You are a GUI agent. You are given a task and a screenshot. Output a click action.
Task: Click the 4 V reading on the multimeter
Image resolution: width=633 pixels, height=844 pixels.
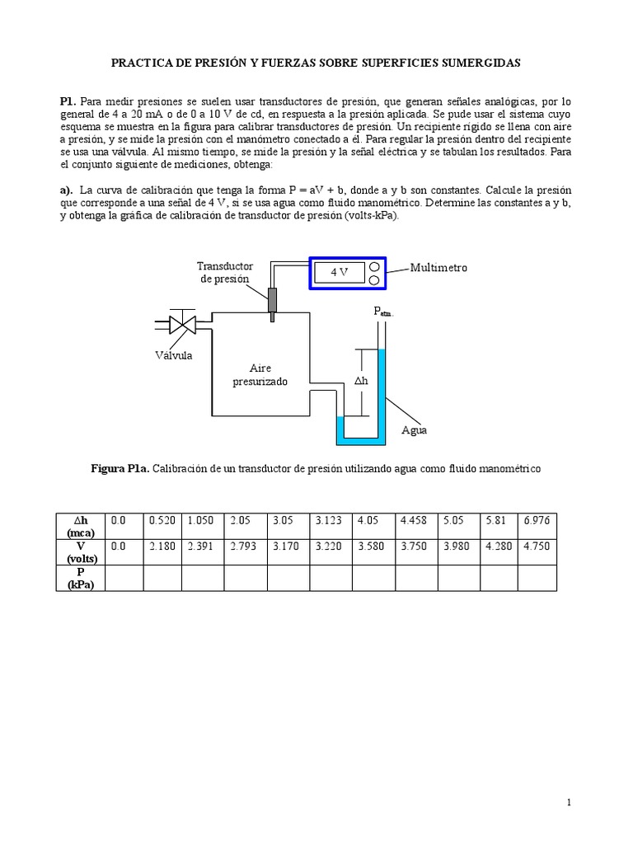(340, 272)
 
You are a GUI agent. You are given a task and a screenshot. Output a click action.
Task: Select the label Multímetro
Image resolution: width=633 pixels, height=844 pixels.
(438, 268)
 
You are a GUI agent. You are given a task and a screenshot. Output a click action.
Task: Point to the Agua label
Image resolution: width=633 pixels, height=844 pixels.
(414, 430)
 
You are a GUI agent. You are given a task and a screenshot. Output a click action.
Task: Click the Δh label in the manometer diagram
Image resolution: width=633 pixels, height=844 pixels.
(361, 381)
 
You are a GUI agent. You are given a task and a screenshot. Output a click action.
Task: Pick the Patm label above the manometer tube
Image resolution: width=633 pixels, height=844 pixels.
(384, 312)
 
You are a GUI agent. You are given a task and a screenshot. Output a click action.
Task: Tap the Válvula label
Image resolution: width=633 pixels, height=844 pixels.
(172, 355)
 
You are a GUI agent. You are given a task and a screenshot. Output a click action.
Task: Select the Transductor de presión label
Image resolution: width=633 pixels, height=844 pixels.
(225, 272)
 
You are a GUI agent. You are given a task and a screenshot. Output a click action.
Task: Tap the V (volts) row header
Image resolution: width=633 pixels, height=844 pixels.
(81, 551)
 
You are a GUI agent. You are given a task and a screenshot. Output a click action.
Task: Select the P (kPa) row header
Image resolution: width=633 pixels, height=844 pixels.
(81, 578)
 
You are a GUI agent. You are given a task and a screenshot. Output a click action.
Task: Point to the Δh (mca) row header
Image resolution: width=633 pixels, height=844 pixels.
(81, 526)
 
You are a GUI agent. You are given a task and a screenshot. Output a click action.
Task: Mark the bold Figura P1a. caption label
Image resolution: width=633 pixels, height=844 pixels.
(120, 468)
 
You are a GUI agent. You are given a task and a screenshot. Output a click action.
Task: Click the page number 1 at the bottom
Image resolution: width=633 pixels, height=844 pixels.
(569, 802)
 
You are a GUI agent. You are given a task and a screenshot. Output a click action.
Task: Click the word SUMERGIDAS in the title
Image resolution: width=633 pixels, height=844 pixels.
(481, 62)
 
